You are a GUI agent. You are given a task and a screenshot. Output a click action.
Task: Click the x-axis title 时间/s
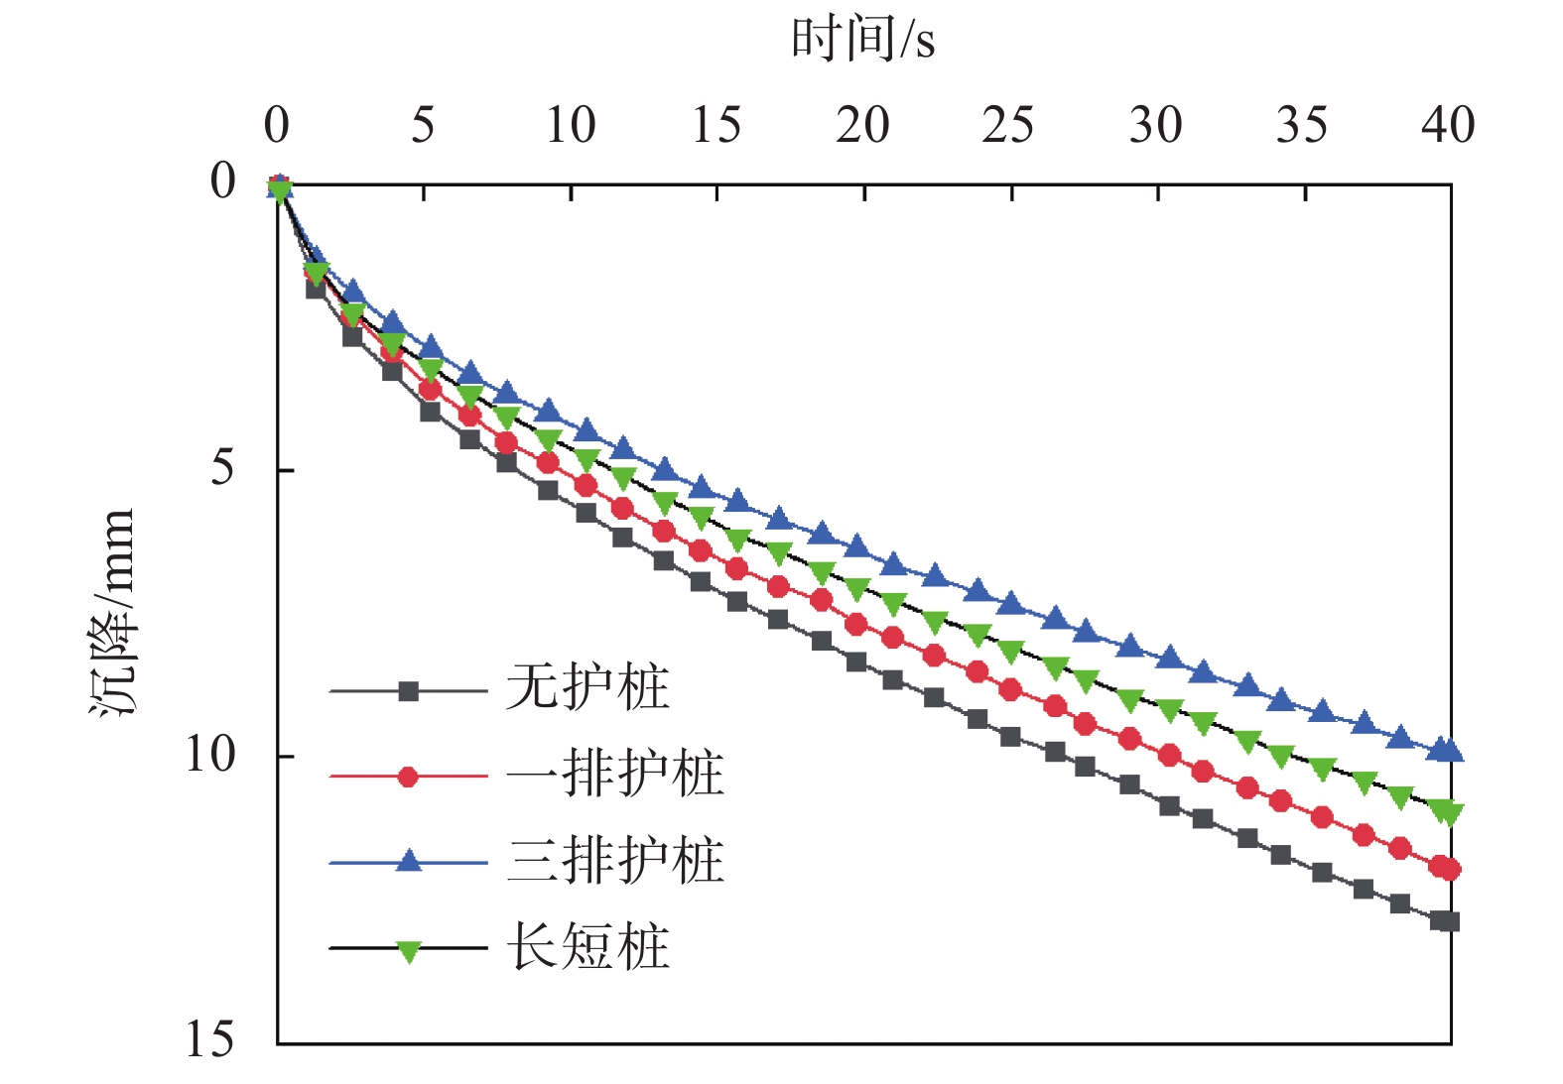[x=862, y=40]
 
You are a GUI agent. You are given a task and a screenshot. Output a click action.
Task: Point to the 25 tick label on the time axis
[x=1008, y=126]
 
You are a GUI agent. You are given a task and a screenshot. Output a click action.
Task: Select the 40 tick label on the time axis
[x=1448, y=126]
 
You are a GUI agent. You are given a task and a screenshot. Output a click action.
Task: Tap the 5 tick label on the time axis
[x=423, y=126]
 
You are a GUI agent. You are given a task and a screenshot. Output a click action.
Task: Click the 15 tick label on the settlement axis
[x=209, y=1039]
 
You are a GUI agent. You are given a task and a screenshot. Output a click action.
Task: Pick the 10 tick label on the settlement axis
[x=209, y=755]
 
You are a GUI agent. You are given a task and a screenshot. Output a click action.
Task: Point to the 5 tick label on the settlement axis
[x=223, y=467]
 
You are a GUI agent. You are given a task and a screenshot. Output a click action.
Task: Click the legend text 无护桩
[x=587, y=687]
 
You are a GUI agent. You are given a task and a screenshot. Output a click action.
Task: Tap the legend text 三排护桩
[x=615, y=860]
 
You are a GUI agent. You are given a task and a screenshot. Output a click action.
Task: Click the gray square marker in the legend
[x=408, y=691]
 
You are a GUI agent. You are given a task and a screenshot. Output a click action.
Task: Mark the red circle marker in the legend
[x=408, y=777]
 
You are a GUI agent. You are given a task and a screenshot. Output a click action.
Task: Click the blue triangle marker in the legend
[x=408, y=861]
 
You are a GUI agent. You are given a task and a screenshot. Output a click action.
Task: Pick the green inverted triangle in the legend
[x=408, y=950]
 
